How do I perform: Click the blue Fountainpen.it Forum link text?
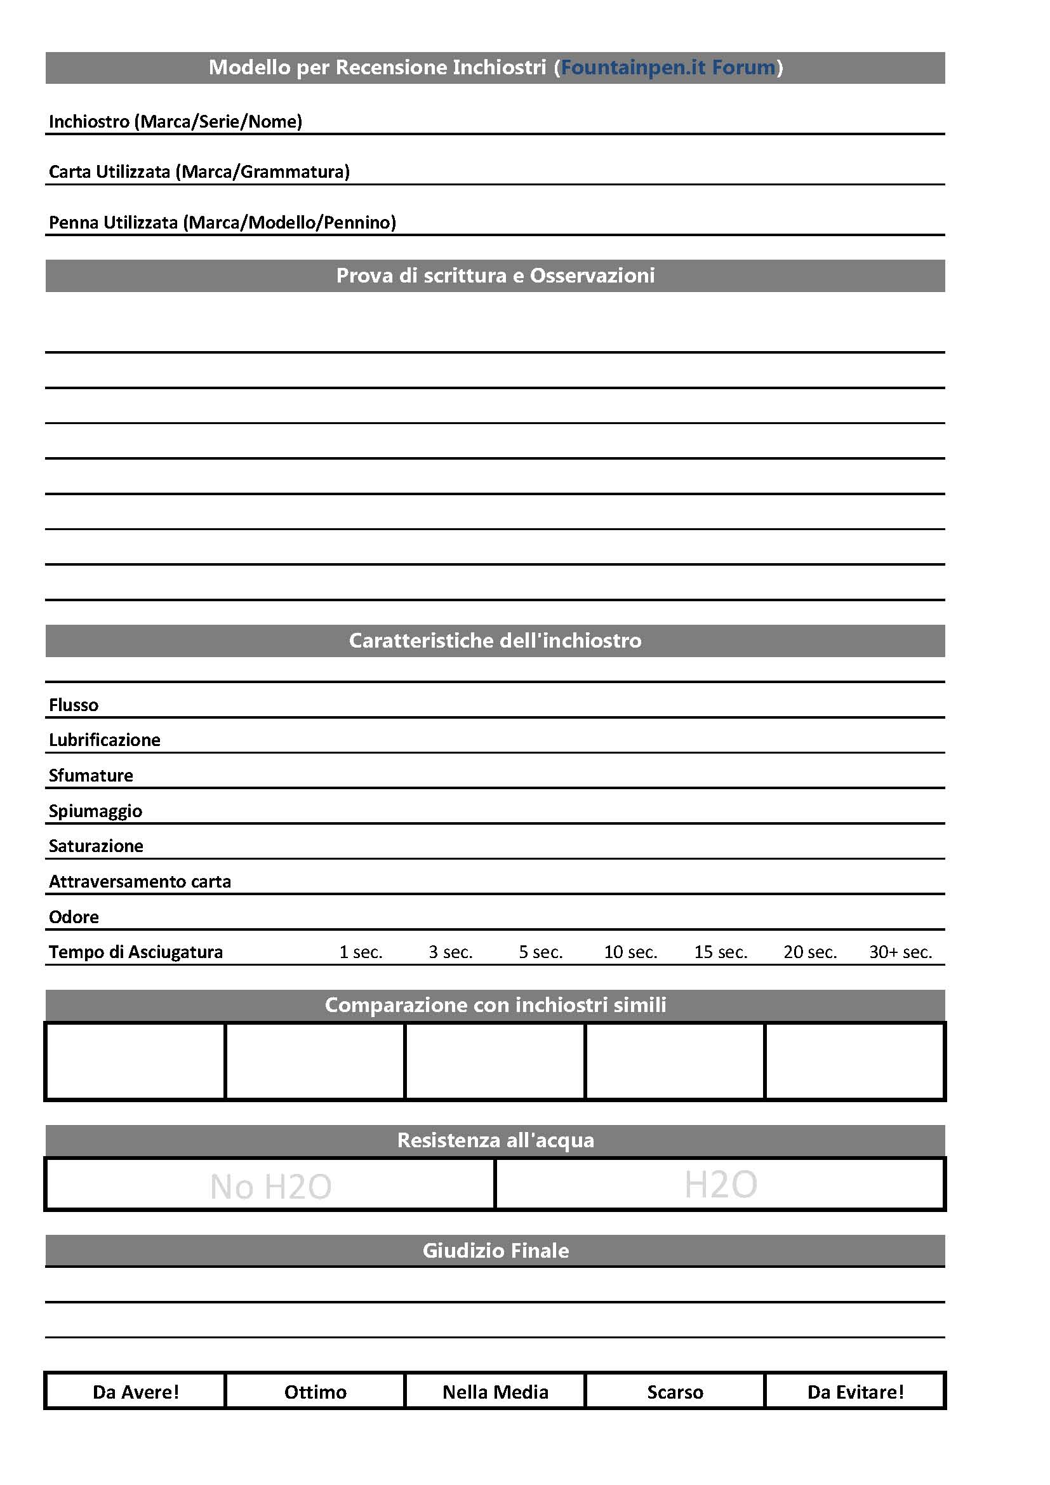click(667, 67)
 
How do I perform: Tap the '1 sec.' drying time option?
click(361, 952)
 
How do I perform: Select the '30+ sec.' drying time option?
click(900, 952)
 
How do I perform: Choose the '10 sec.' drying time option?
click(630, 952)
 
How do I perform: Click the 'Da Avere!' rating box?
click(135, 1392)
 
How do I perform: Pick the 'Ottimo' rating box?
click(316, 1392)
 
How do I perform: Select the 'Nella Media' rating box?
click(495, 1392)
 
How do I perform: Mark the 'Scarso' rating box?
click(675, 1392)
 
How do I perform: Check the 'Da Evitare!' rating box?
click(855, 1392)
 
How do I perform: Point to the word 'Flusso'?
click(74, 705)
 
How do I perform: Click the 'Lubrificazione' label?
click(105, 740)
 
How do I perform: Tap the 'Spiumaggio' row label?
click(96, 811)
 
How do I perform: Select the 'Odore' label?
click(74, 917)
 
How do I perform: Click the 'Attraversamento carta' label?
click(140, 882)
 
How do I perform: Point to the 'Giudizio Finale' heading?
click(495, 1250)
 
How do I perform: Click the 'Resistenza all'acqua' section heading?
click(495, 1140)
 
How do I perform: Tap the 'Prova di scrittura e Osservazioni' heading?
click(495, 276)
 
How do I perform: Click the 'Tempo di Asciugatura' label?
click(136, 952)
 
